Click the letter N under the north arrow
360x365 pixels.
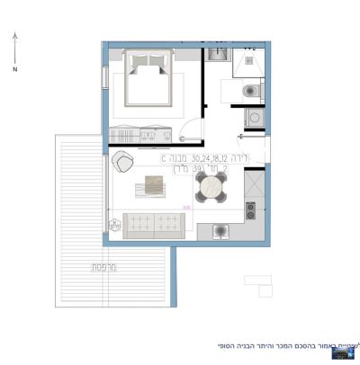(x=15, y=68)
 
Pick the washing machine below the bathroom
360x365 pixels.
(x=253, y=118)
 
